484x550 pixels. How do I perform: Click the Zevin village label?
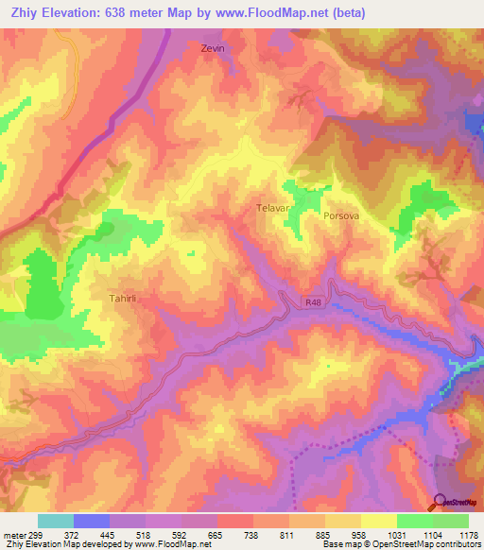pos(215,48)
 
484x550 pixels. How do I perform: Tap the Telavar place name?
pos(272,205)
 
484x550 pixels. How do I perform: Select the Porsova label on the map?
pos(341,215)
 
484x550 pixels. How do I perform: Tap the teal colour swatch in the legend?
pos(56,521)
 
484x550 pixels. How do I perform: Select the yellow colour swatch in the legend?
pos(379,521)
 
